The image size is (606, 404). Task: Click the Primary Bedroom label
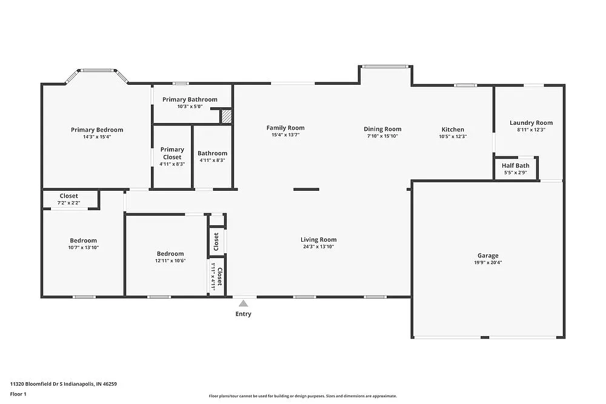(x=97, y=130)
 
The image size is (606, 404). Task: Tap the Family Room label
(x=285, y=128)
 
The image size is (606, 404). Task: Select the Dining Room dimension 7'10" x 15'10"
(x=382, y=136)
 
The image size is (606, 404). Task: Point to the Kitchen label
(x=453, y=130)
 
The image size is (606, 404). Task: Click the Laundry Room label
(x=531, y=123)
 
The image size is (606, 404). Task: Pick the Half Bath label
(x=516, y=165)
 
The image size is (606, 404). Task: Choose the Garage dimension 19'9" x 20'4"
(x=488, y=262)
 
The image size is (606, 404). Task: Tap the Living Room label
(x=318, y=240)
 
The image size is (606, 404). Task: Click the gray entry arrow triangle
(x=243, y=303)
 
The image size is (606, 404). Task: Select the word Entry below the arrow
(x=243, y=314)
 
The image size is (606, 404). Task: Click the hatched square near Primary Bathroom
(x=226, y=116)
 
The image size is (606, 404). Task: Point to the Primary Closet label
(x=172, y=153)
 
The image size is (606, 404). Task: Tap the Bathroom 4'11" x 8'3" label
(x=212, y=153)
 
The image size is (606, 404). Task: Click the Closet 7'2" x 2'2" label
(x=68, y=196)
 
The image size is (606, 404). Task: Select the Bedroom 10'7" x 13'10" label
(x=83, y=240)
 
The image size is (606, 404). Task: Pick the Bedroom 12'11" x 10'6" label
(x=170, y=254)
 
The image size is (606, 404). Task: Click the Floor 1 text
(x=18, y=394)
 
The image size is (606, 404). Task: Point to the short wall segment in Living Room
(x=306, y=190)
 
